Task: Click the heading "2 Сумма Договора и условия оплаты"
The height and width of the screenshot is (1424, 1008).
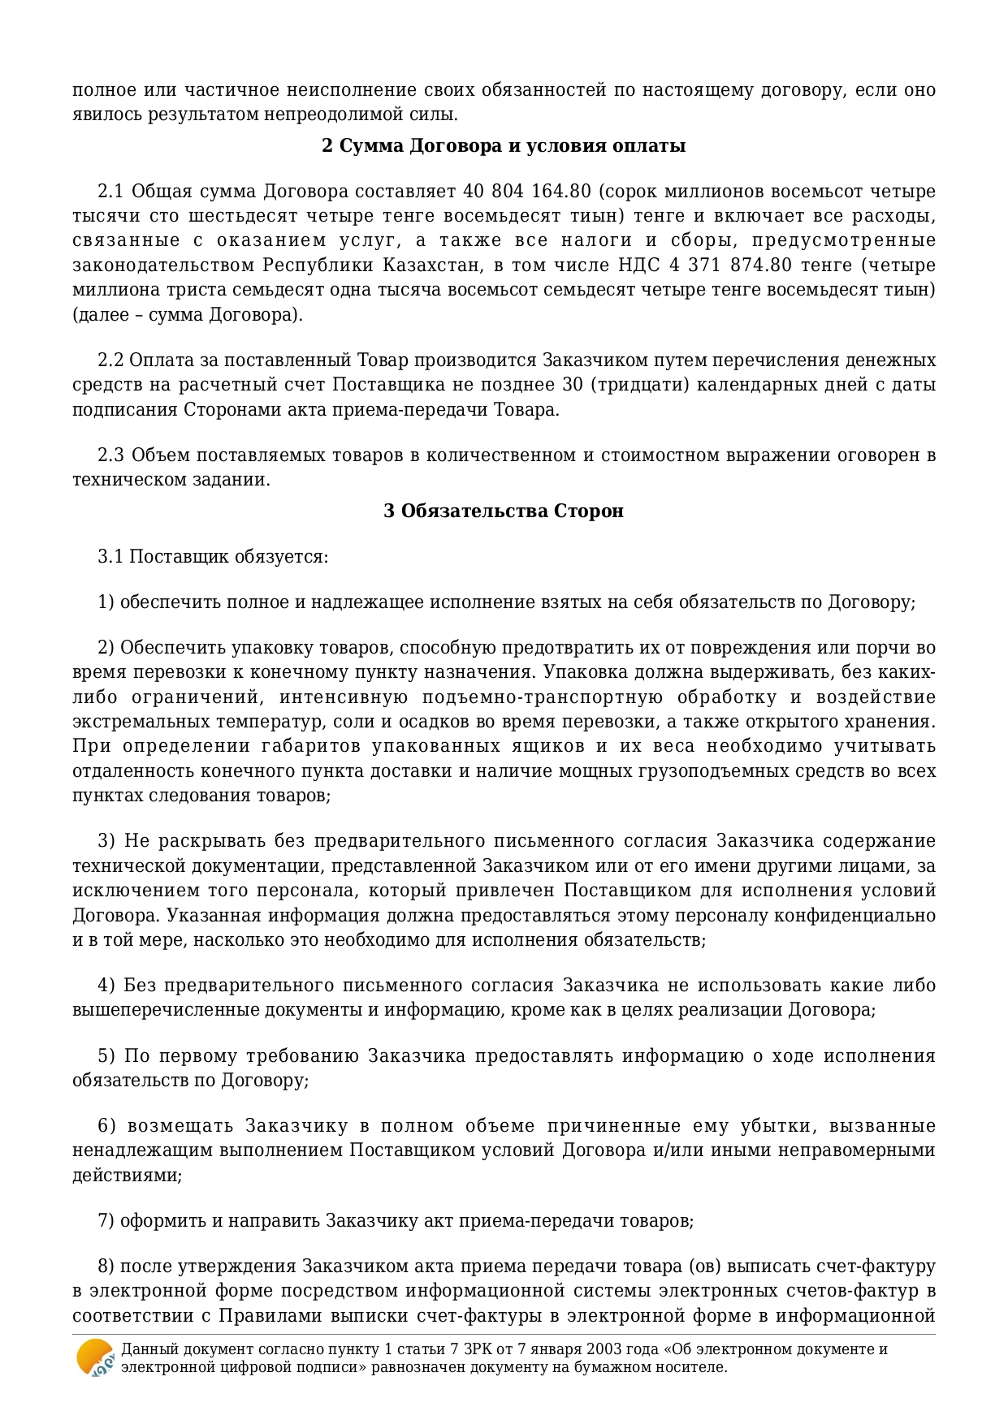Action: click(504, 146)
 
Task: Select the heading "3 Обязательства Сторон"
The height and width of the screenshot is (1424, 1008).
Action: click(504, 511)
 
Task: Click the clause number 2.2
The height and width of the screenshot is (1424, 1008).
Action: click(110, 360)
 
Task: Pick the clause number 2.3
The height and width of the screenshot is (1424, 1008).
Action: click(110, 455)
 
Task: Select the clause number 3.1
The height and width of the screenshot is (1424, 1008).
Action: click(110, 557)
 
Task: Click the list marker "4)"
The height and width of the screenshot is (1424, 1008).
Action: click(106, 986)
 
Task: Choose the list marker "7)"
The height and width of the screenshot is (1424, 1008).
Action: click(106, 1221)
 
